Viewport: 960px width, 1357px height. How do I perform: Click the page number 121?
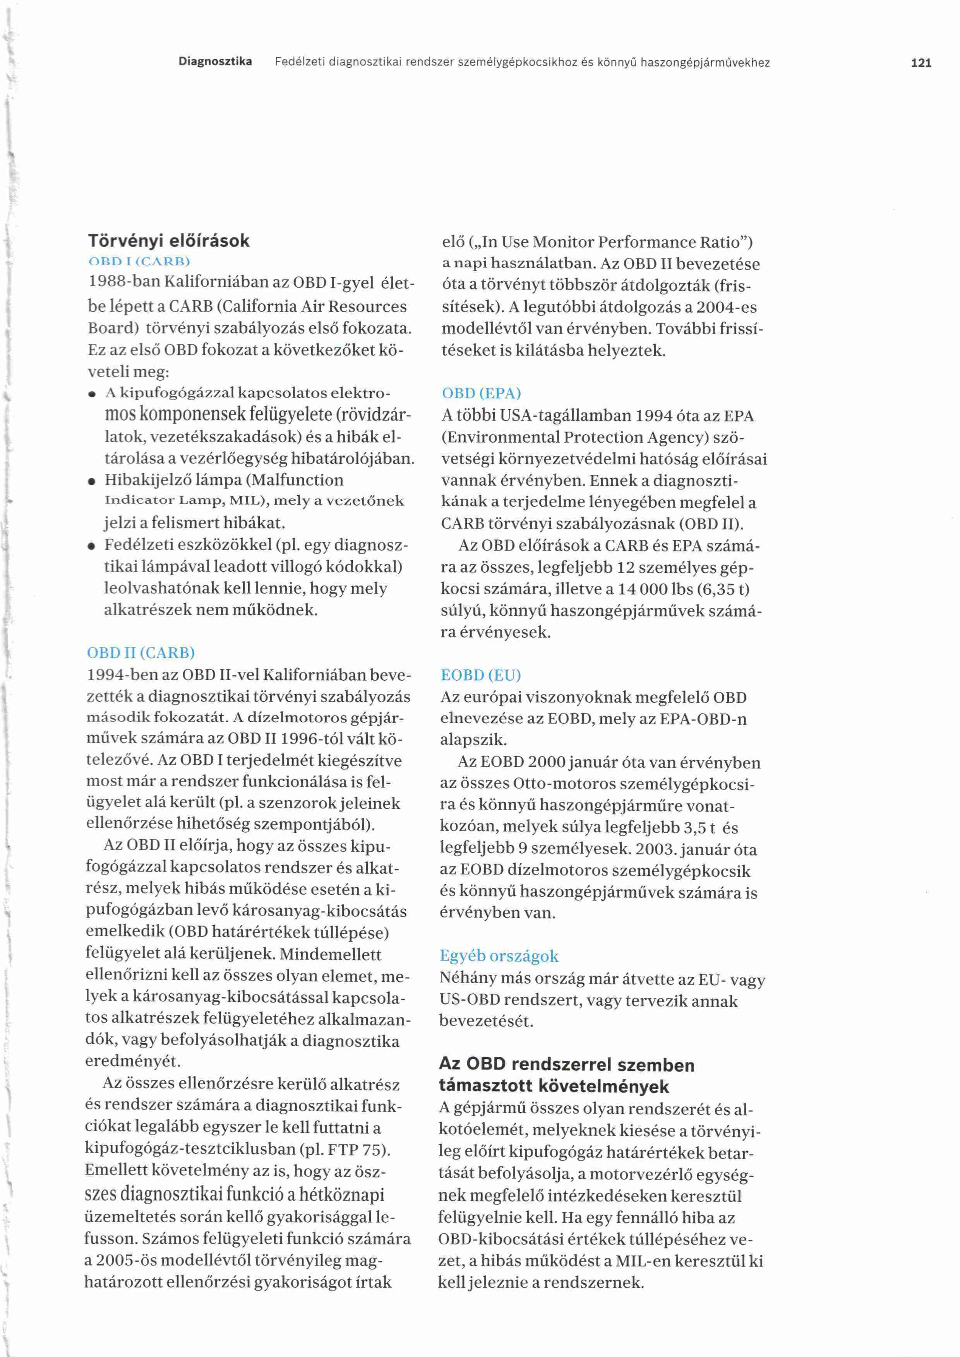[x=921, y=63]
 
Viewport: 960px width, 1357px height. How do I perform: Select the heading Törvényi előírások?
[x=169, y=241]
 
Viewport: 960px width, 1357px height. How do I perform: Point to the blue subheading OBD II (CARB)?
[x=141, y=653]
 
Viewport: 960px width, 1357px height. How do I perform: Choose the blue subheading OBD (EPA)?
[x=481, y=394]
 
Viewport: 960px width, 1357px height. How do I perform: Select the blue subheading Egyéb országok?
[x=499, y=956]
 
